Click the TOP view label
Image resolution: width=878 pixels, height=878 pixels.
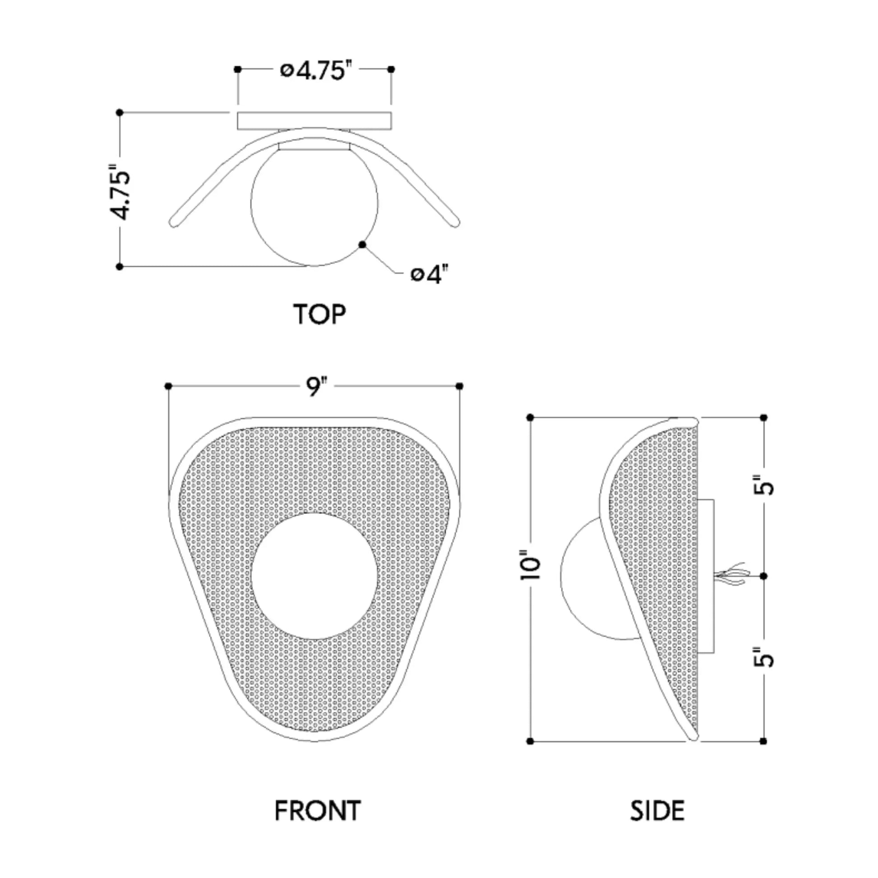(319, 314)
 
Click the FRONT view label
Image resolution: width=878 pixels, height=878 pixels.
(318, 811)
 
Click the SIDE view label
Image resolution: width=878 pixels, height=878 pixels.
(657, 811)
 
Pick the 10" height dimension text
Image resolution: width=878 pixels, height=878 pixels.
(530, 565)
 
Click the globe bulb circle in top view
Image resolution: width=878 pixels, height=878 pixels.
(314, 202)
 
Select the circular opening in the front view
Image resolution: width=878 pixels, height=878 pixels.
(314, 576)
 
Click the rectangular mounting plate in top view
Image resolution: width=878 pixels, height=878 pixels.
(314, 121)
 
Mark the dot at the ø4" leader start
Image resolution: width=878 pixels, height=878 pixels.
(362, 245)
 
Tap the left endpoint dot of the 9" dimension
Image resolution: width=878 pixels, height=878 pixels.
(168, 386)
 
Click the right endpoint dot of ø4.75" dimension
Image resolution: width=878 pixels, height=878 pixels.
(391, 69)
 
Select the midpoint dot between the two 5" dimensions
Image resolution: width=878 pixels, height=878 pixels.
(763, 576)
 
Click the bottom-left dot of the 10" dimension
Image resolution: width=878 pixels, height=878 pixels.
(530, 741)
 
